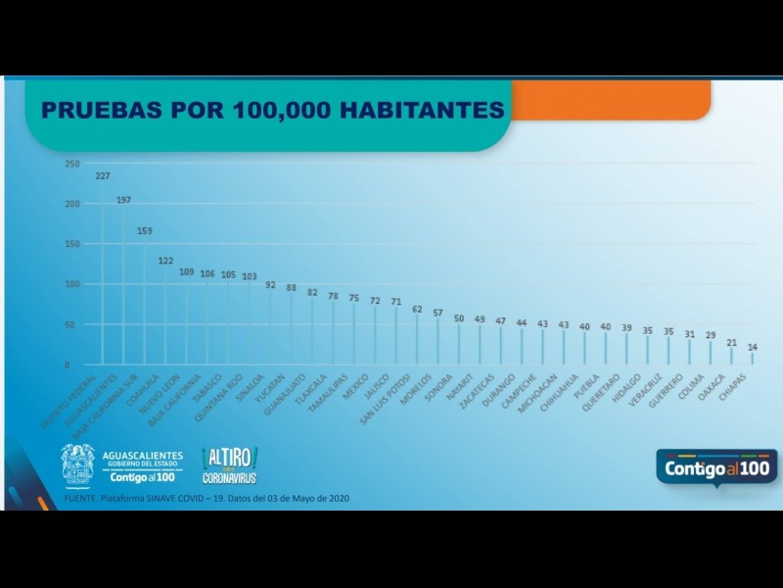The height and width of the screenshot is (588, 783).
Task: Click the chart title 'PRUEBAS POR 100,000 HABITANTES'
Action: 272,109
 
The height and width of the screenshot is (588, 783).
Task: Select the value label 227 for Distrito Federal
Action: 103,176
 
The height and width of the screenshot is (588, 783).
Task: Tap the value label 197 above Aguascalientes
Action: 123,200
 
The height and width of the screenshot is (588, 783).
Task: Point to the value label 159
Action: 145,231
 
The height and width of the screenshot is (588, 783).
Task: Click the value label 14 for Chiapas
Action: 752,348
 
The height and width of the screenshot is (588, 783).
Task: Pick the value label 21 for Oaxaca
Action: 731,343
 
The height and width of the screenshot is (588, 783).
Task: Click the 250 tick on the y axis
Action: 72,164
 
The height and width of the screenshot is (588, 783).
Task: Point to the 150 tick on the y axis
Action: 72,244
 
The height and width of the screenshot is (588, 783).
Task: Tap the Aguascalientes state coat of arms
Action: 77,465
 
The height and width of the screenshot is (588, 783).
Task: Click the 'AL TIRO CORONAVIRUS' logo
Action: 230,465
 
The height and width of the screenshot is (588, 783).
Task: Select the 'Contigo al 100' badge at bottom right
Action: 717,468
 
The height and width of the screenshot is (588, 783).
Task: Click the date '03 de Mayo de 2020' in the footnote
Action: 303,499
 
